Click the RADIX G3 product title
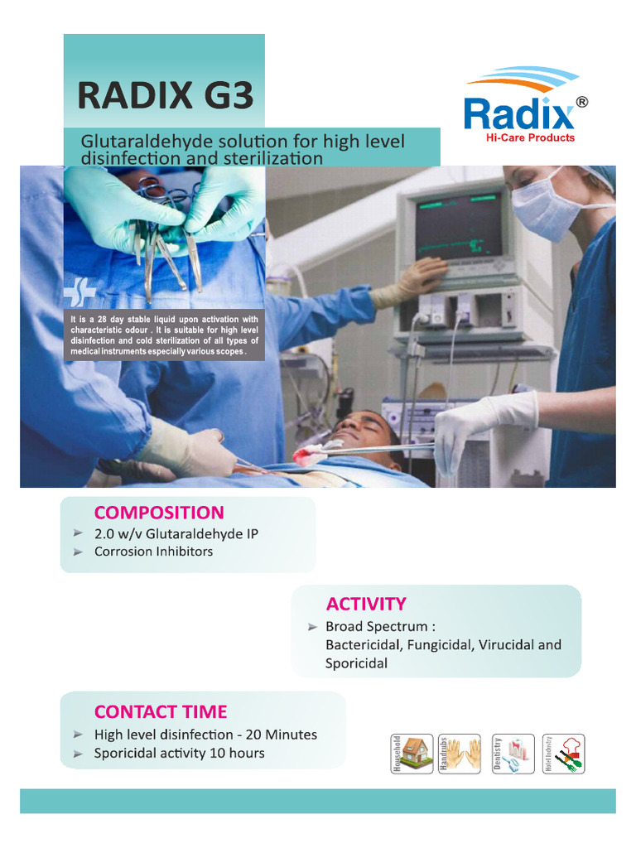(165, 95)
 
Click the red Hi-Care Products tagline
(529, 137)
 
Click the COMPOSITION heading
(159, 513)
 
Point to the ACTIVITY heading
(365, 603)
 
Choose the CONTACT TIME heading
(161, 711)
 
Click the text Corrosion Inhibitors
(153, 552)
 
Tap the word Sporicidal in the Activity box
(356, 663)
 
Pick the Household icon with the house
(412, 754)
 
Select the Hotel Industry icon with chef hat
(564, 754)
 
